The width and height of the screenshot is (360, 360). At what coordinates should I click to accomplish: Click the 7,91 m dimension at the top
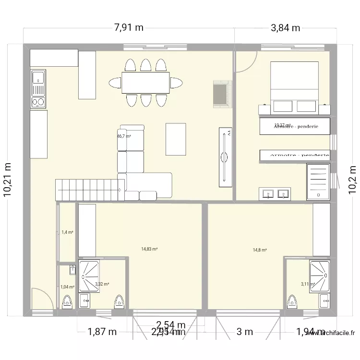coord(128,27)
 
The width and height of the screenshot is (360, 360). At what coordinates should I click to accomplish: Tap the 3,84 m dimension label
coord(285,27)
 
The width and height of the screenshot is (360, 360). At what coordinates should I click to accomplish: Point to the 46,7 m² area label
coord(124,136)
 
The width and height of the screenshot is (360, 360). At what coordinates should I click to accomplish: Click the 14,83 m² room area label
coord(149,249)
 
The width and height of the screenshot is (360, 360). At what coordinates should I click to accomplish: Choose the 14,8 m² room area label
coord(260,250)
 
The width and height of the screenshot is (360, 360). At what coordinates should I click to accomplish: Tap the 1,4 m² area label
coord(67,232)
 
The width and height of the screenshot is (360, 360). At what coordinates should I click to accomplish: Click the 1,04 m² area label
coord(67,287)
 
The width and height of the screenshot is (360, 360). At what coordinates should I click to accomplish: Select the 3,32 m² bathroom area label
coord(102,284)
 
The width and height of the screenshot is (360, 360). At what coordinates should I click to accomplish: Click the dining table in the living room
coord(145,83)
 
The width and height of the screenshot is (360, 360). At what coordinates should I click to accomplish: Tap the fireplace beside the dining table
coord(222,93)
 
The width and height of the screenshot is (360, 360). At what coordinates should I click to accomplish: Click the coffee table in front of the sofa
coord(176,139)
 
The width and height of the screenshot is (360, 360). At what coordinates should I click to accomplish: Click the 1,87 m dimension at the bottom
coord(102,332)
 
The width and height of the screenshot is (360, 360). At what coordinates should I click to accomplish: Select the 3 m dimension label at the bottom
coord(244,332)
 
